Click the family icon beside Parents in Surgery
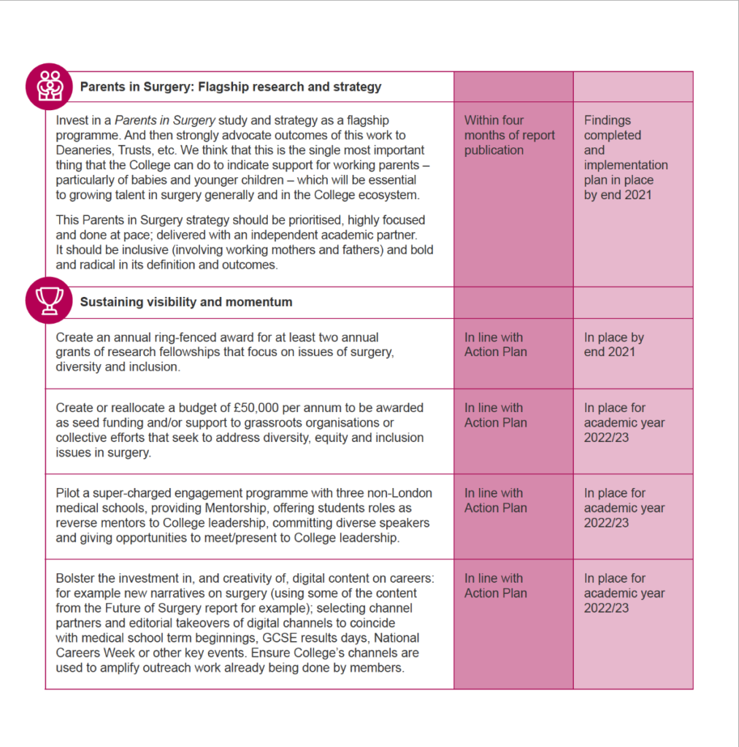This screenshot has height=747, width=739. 50,86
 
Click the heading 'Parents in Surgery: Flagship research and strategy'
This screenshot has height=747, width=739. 231,87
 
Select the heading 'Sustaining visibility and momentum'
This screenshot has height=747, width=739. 186,302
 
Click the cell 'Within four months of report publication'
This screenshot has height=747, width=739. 509,135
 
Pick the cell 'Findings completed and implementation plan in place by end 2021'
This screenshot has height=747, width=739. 625,158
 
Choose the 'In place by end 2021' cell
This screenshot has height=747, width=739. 613,344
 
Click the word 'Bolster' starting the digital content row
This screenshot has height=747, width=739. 76,578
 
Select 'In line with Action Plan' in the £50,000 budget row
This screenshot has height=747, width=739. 495,415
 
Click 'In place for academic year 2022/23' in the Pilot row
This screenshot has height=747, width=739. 624,508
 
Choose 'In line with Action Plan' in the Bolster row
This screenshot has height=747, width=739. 495,586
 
